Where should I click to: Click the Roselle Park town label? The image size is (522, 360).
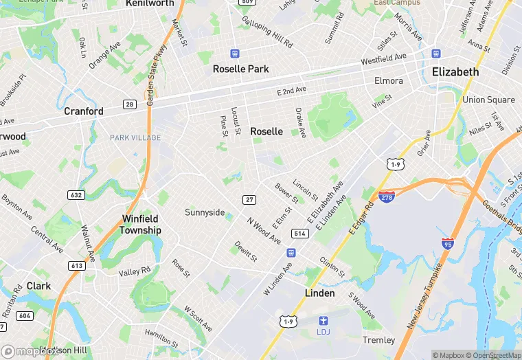pyautogui.click(x=240, y=69)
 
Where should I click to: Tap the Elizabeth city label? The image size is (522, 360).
pyautogui.click(x=455, y=72)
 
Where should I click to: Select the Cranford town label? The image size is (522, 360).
pyautogui.click(x=84, y=111)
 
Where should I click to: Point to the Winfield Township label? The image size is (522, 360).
pyautogui.click(x=141, y=225)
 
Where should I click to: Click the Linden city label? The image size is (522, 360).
pyautogui.click(x=319, y=293)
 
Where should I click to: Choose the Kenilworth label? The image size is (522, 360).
pyautogui.click(x=150, y=3)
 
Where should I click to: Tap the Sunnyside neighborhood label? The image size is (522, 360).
pyautogui.click(x=205, y=212)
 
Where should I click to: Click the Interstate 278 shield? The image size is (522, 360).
pyautogui.click(x=387, y=196)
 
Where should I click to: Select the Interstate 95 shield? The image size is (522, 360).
pyautogui.click(x=447, y=243)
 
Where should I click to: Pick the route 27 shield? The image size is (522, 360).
pyautogui.click(x=249, y=199)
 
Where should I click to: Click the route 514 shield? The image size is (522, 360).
pyautogui.click(x=299, y=234)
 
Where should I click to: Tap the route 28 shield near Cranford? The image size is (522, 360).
pyautogui.click(x=129, y=104)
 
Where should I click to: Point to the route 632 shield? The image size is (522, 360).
pyautogui.click(x=77, y=195)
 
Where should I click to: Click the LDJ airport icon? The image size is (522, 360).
pyautogui.click(x=323, y=321)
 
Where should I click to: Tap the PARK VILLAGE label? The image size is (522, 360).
pyautogui.click(x=135, y=138)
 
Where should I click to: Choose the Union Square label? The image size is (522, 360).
pyautogui.click(x=488, y=100)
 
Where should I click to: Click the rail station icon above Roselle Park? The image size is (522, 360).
pyautogui.click(x=236, y=53)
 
